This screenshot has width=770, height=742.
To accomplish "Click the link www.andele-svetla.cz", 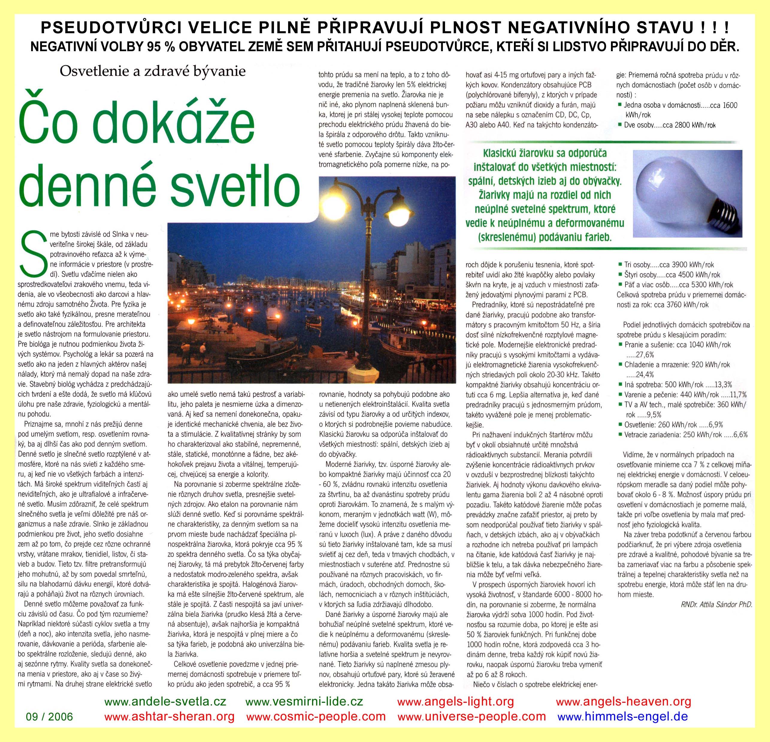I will [x=165, y=701].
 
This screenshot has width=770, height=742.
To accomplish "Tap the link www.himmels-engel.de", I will [x=623, y=717].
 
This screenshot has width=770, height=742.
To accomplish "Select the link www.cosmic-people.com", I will [x=316, y=717].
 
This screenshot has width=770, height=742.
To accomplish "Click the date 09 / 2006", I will [x=49, y=717].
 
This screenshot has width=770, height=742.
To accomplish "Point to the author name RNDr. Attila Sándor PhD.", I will [x=716, y=605].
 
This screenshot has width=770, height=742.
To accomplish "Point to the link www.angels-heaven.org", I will [x=624, y=701].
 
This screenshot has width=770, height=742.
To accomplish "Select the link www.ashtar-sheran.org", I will [x=170, y=717].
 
